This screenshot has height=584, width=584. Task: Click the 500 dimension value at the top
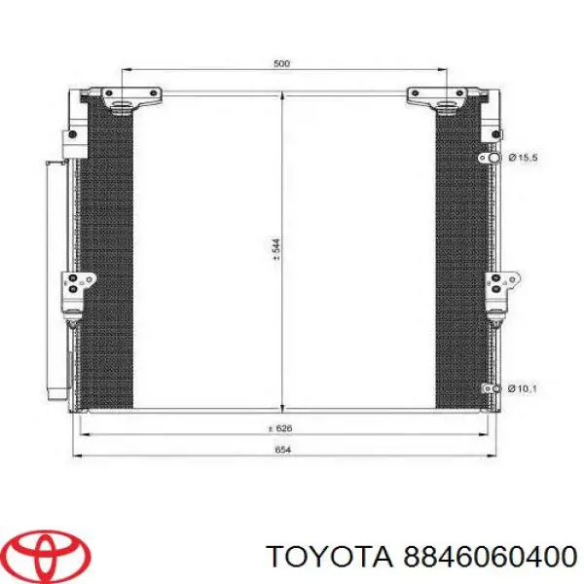(x=281, y=64)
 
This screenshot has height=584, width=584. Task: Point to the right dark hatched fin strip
(x=458, y=253)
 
